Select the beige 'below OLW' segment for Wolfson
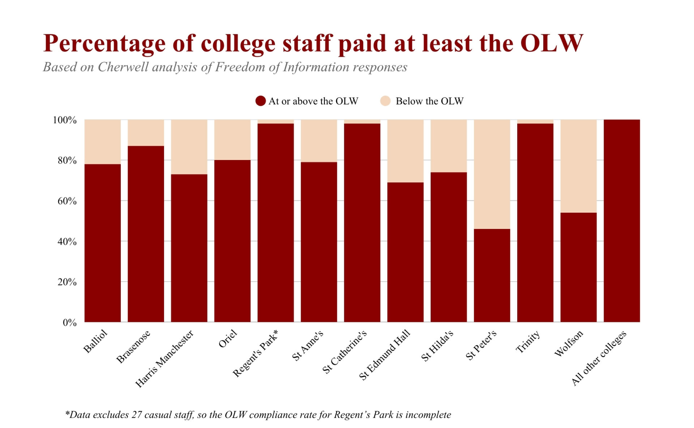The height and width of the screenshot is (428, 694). pyautogui.click(x=578, y=166)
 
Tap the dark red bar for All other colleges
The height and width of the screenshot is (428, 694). pyautogui.click(x=622, y=220)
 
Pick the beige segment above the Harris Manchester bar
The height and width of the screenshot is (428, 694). pyautogui.click(x=189, y=147)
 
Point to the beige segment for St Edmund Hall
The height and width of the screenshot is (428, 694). pyautogui.click(x=405, y=151)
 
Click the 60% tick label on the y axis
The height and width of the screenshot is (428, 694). pyautogui.click(x=67, y=201)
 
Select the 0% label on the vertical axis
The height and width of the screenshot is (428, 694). pyautogui.click(x=69, y=323)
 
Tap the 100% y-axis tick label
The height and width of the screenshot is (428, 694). pyautogui.click(x=65, y=120)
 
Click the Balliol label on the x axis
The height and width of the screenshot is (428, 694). pyautogui.click(x=95, y=341)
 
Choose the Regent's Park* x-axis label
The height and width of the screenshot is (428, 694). pyautogui.click(x=255, y=353)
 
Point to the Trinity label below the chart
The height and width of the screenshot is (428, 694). pyautogui.click(x=527, y=342)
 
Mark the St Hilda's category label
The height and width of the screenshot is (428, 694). pyautogui.click(x=437, y=346)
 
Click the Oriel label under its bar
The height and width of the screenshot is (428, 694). pyautogui.click(x=228, y=339)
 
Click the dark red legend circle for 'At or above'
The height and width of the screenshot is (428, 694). pyautogui.click(x=260, y=101)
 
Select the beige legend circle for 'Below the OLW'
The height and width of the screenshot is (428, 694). pyautogui.click(x=386, y=101)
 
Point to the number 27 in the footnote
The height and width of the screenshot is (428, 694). pyautogui.click(x=137, y=415)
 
